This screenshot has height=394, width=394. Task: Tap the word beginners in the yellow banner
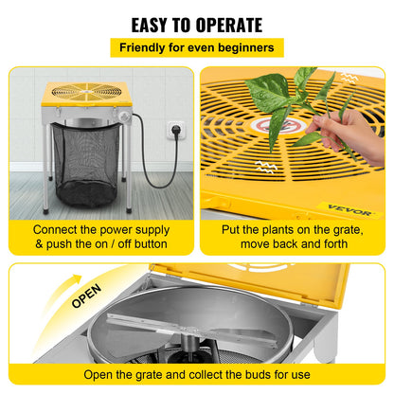[x=243, y=46]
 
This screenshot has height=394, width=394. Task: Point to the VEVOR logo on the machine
[x=363, y=207]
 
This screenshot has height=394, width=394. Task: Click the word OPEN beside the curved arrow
[x=86, y=300]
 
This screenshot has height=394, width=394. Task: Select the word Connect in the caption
[x=60, y=229]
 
